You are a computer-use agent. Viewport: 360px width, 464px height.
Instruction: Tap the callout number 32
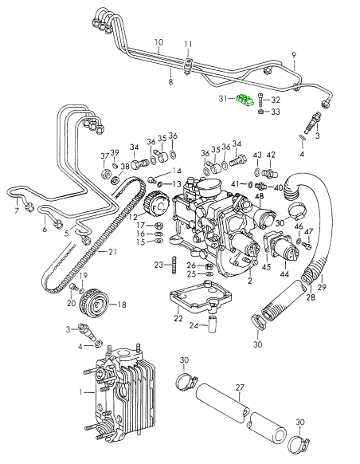pyautogui.click(x=276, y=100)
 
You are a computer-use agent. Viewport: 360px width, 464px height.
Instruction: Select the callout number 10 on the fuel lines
pyautogui.click(x=158, y=42)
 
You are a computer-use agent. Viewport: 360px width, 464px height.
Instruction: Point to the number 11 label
pyautogui.click(x=188, y=43)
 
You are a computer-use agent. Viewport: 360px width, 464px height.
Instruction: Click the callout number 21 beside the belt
pyautogui.click(x=112, y=252)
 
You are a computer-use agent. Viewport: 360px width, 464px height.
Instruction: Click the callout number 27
pyautogui.click(x=240, y=387)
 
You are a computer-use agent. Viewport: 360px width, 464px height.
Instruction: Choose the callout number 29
pyautogui.click(x=323, y=287)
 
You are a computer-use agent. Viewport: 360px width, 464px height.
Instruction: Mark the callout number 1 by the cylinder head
pyautogui.click(x=80, y=392)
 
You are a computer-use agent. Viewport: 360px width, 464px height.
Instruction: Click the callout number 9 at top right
pyautogui.click(x=293, y=55)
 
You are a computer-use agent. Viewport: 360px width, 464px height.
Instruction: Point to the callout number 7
pyautogui.click(x=16, y=211)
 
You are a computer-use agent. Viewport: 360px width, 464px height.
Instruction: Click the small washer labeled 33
pyautogui.click(x=261, y=112)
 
